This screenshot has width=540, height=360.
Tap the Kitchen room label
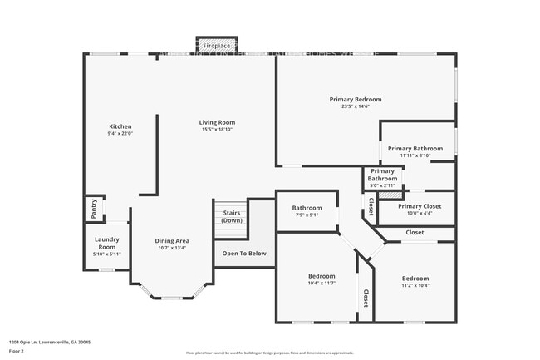(120, 126)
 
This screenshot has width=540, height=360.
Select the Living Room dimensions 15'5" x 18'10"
(218, 130)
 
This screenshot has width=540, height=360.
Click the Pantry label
(93, 208)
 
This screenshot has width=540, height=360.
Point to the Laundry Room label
(106, 243)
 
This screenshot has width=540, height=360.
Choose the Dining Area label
(172, 240)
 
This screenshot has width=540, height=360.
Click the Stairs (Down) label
(232, 216)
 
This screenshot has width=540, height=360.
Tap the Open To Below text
(244, 254)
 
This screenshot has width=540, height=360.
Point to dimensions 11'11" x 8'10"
(415, 155)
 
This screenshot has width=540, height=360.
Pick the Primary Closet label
(419, 205)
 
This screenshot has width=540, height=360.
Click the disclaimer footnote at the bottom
(269, 353)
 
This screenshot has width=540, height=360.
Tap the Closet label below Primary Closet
(415, 232)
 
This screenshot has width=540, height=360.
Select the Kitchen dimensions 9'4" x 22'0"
(120, 133)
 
